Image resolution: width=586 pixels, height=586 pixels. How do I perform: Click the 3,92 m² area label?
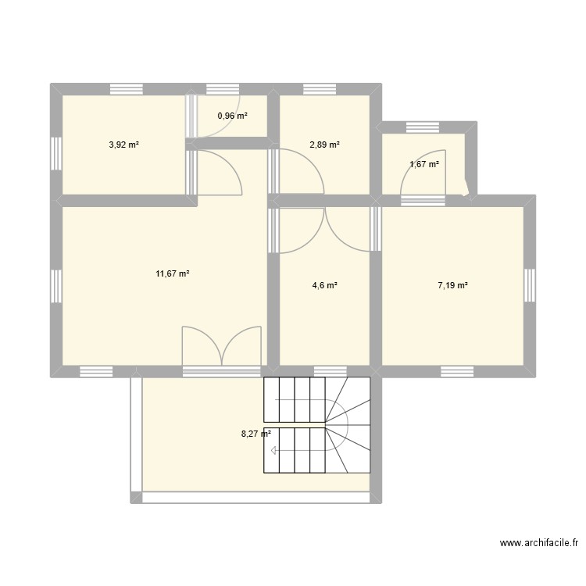[123, 145]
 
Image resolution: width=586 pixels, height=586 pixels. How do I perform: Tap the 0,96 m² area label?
[232, 116]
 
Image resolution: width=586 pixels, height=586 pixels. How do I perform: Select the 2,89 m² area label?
[324, 145]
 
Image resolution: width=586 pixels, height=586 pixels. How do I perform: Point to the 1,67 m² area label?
[424, 164]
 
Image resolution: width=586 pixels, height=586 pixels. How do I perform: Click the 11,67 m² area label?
[173, 273]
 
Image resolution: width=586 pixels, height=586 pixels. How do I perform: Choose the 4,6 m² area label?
[324, 286]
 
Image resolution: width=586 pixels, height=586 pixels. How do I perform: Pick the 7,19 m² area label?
[452, 286]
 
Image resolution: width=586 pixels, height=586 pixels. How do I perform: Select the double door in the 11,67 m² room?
[221, 346]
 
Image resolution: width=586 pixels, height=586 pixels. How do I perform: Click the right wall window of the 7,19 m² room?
[531, 285]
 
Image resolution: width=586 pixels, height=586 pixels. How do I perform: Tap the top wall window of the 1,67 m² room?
[423, 126]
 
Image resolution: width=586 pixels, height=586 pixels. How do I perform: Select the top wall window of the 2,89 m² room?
[324, 88]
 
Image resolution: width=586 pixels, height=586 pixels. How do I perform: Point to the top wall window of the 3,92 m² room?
[126, 88]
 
